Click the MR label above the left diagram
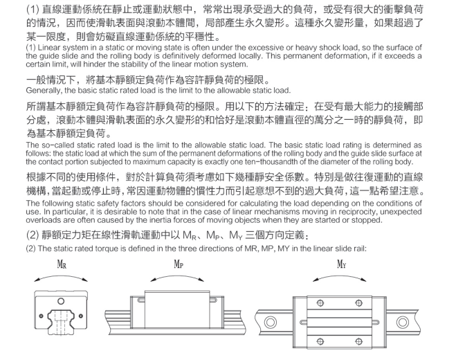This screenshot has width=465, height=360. pos(62,264)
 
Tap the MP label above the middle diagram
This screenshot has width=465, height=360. pos(179,264)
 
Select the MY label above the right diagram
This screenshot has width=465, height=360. pos(341,264)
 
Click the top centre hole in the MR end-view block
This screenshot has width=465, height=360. pos(61,301)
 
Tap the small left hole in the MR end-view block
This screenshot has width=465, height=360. pos(41,316)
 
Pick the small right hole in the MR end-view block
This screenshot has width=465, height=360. pos(81,316)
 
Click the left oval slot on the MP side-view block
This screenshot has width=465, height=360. pos(141,300)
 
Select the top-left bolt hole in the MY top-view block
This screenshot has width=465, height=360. pos(320,303)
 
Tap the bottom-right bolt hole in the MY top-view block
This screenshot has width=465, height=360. pos(358,341)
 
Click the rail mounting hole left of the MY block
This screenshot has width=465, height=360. pos(270,323)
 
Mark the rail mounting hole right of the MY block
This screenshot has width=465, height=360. pos(403,323)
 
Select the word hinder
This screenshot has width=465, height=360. pos(93,64)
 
